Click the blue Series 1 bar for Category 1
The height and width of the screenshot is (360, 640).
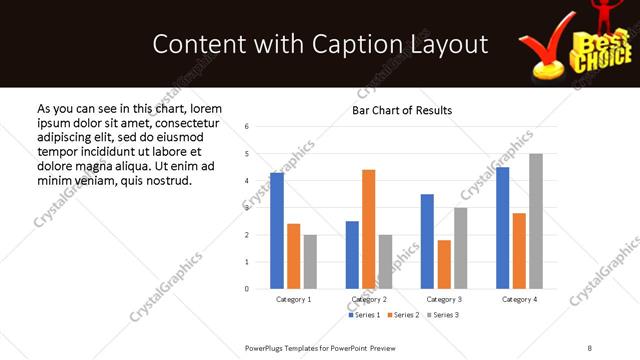coord(277,231)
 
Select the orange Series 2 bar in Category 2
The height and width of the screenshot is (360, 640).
coord(368,229)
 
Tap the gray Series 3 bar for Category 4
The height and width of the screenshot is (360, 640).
coord(536,221)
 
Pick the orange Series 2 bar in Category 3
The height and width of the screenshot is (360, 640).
coord(444,264)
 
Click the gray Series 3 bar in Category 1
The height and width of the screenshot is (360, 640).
coord(310,262)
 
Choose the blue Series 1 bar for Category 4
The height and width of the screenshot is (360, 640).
coord(502,228)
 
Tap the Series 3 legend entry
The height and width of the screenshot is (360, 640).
coord(445,315)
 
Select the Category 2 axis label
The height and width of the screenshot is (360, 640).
coord(369,300)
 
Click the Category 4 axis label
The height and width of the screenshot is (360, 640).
coord(519,300)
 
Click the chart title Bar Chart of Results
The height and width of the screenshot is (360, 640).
coord(402,111)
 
